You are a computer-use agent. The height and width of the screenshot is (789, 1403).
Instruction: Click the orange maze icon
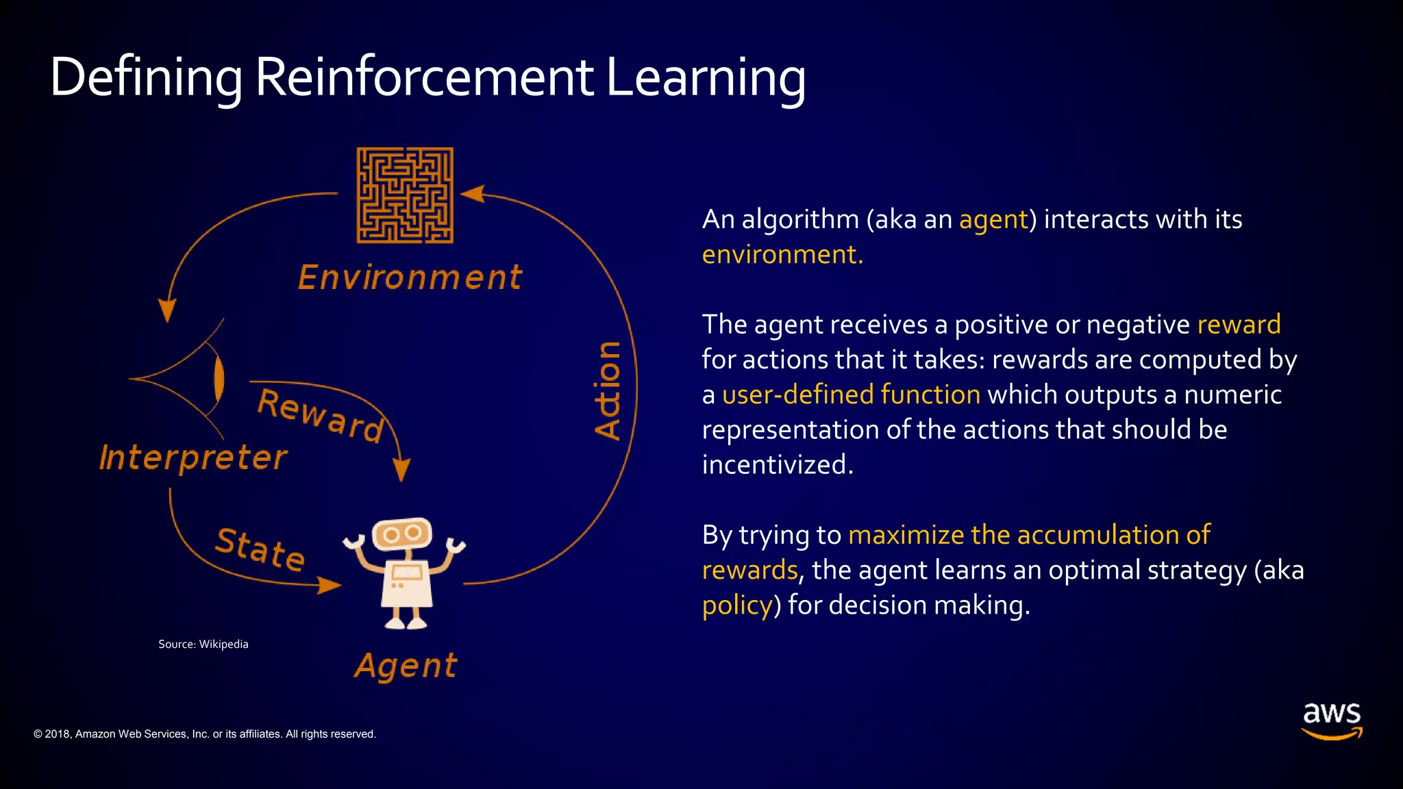click(405, 195)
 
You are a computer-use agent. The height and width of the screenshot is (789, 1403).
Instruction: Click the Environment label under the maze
click(410, 278)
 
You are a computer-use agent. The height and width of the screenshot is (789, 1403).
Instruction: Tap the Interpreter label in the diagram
click(193, 458)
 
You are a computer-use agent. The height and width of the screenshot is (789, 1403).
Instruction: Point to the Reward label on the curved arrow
click(321, 415)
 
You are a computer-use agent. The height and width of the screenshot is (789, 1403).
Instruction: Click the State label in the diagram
click(260, 549)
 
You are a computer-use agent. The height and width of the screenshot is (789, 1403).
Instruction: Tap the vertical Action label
click(608, 390)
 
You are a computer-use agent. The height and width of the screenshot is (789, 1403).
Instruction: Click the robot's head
click(402, 534)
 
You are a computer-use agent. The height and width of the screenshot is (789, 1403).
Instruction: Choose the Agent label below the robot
click(406, 666)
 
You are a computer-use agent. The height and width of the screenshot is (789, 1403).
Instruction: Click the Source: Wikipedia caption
click(203, 644)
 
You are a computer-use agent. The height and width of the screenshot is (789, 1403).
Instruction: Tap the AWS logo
click(1331, 720)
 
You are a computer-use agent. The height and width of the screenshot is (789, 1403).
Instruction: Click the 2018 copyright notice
click(205, 734)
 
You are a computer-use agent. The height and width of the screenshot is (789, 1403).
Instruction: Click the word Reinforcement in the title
click(424, 77)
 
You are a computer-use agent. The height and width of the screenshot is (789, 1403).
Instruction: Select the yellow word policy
click(737, 605)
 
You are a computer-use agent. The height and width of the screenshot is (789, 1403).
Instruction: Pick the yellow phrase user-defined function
click(851, 395)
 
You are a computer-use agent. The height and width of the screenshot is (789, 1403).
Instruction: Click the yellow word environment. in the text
click(782, 255)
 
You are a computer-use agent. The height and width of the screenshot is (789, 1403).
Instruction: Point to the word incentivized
click(778, 465)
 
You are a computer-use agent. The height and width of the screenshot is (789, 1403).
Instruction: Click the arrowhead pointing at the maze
click(473, 194)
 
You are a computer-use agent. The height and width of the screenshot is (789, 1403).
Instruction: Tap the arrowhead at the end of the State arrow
click(330, 585)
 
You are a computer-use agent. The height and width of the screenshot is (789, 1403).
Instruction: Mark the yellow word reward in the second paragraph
click(1239, 325)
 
